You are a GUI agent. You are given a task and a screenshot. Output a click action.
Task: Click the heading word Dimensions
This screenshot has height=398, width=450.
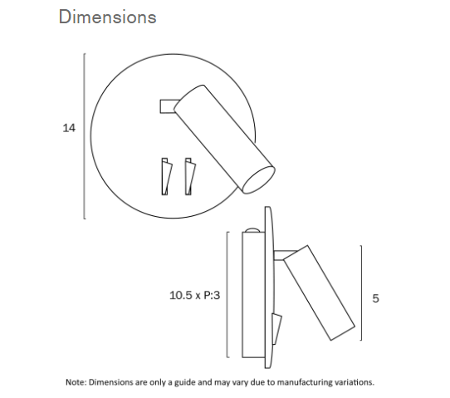coord(107,17)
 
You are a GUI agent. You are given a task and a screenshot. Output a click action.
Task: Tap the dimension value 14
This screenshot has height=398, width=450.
coord(69,129)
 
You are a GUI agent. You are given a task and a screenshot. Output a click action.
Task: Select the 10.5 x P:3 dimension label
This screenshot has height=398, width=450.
coord(195,294)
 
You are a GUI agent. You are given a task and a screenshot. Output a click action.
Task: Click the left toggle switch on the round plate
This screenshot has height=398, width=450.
coord(168,175)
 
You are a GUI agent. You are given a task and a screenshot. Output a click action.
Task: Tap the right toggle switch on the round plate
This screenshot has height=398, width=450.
coord(190,175)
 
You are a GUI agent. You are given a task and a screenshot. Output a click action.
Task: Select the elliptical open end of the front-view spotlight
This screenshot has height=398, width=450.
coord(259,179)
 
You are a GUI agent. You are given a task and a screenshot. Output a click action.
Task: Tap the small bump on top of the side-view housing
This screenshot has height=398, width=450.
coord(250,229)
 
